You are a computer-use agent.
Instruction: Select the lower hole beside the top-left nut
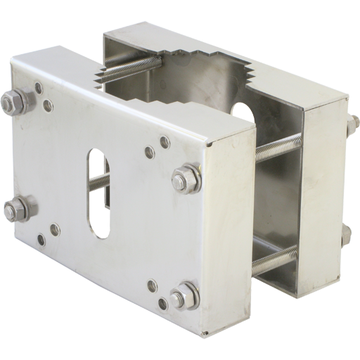(x=48, y=105)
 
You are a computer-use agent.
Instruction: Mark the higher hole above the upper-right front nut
(x=166, y=143)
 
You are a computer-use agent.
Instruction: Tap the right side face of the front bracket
(x=229, y=232)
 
